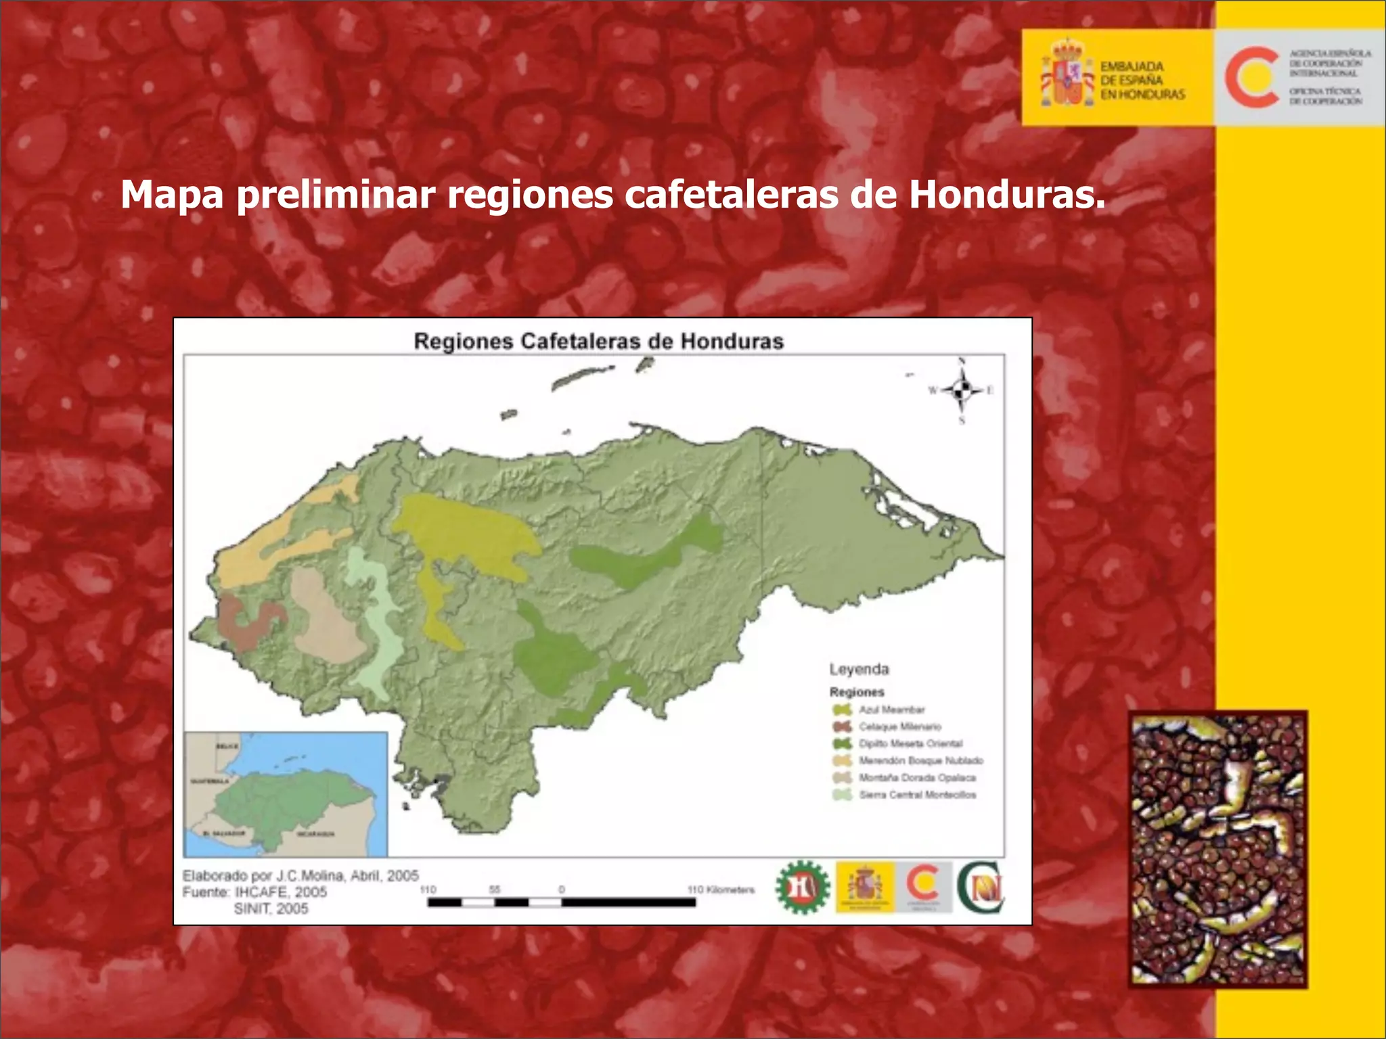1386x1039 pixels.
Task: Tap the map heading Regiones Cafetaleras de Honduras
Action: pos(598,341)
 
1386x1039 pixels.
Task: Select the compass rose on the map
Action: pos(962,390)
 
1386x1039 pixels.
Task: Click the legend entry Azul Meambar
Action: pos(891,710)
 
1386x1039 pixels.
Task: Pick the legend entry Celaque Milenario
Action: pos(899,726)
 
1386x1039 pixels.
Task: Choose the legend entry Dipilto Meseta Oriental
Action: pos(910,743)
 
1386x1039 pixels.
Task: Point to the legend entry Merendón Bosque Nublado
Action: pos(920,760)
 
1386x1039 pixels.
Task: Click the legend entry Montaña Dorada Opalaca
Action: pos(916,778)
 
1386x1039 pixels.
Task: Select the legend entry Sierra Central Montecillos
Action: pos(917,795)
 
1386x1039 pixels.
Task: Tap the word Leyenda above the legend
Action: pos(859,669)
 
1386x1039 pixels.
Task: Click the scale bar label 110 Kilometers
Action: pos(720,890)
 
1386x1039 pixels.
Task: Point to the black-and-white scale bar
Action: pos(561,902)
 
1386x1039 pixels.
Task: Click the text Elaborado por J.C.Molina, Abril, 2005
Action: pos(300,875)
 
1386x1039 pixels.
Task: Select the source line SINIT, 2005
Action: pos(271,908)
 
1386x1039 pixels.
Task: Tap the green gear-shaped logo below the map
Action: pos(803,887)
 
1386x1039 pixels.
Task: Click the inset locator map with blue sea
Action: pos(286,794)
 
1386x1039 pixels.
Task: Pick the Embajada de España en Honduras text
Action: pos(1142,80)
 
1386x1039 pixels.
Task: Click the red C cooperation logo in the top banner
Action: pos(1251,77)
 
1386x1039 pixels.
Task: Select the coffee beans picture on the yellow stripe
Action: pos(1217,849)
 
